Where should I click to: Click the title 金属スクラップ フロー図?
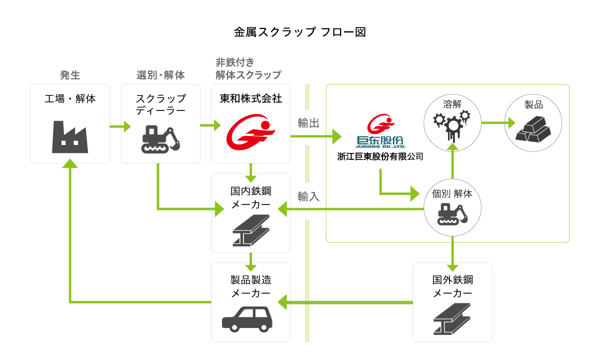(299, 32)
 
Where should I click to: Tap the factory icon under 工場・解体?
(70, 137)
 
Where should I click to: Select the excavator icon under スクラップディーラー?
(160, 139)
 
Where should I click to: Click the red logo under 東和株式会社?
(250, 132)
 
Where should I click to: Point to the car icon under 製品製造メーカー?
(247, 319)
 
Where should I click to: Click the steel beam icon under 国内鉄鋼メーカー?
(251, 230)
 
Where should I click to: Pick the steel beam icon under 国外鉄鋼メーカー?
(452, 319)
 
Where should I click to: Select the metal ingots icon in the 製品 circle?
(533, 129)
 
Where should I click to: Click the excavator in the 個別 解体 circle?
(452, 214)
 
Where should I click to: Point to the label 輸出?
(308, 123)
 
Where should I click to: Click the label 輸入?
(308, 196)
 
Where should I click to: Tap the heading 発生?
(70, 75)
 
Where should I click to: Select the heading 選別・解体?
(160, 75)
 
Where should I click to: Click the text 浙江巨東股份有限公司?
(380, 156)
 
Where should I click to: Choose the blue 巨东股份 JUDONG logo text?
(380, 141)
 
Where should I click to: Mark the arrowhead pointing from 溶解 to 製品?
(511, 123)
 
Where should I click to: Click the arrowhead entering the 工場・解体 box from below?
(70, 163)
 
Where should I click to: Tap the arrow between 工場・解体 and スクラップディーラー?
(120, 126)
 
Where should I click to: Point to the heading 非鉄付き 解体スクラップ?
(248, 69)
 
